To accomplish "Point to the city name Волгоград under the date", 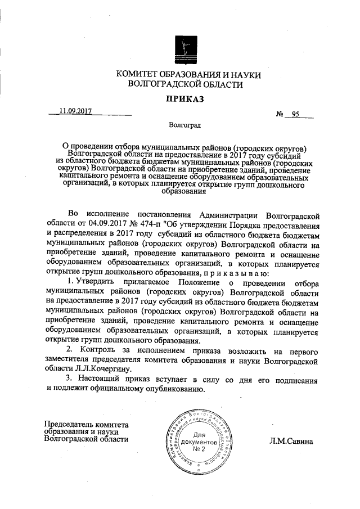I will [x=186, y=125].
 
